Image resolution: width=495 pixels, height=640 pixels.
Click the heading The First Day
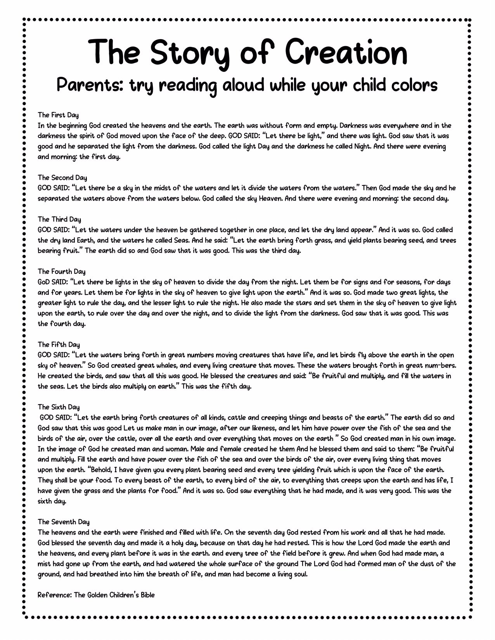(x=58, y=115)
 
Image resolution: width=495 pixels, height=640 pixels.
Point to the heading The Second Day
(x=62, y=178)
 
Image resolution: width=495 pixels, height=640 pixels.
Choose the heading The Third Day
(x=59, y=219)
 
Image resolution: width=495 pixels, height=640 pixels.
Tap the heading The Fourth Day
(x=62, y=271)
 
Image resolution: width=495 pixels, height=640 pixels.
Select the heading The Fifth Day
(x=59, y=344)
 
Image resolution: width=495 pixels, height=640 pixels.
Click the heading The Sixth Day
(x=59, y=407)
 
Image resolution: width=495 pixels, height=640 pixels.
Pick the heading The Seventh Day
(x=64, y=522)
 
